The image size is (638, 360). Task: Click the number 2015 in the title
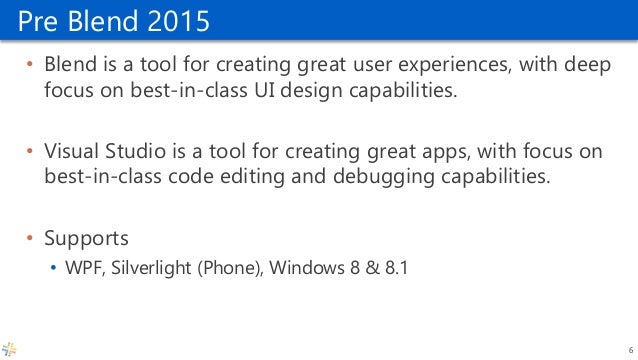178,19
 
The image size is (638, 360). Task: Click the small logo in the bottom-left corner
10,348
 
